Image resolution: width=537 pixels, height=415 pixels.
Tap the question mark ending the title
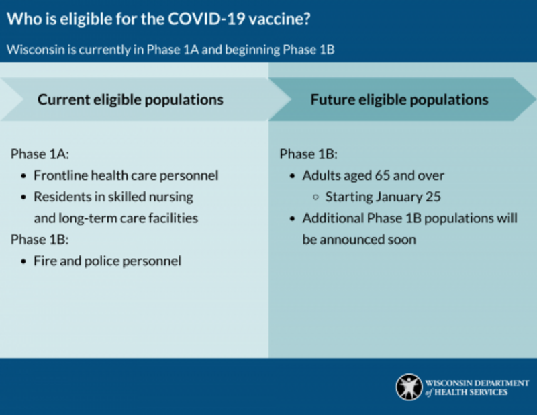tap(306, 20)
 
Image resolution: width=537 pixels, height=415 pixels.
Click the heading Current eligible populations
tap(130, 99)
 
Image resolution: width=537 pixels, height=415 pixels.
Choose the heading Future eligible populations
tap(399, 99)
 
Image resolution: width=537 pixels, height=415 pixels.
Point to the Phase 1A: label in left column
tap(40, 154)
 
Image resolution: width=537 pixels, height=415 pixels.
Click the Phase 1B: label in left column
tap(40, 239)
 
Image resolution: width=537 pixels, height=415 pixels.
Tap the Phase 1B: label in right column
tap(308, 154)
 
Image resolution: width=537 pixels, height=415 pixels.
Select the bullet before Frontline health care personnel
tap(24, 176)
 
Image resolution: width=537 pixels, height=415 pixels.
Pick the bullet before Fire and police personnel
tap(24, 261)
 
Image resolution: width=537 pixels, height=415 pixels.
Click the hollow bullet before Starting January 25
tap(316, 197)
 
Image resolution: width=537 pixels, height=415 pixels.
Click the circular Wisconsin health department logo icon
tap(409, 387)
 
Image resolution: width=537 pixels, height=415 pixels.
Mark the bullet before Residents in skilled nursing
tap(24, 197)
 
